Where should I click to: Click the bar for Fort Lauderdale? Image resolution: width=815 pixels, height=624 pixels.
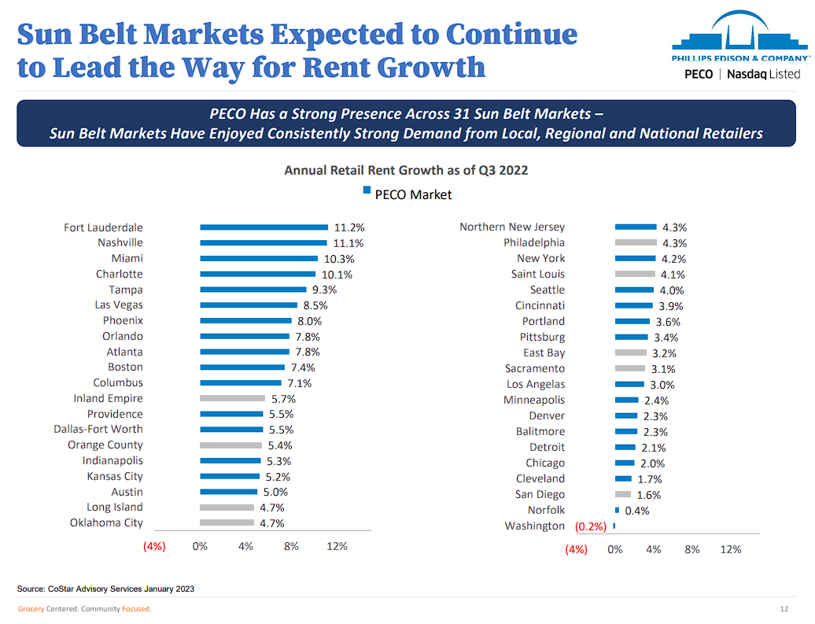(264, 227)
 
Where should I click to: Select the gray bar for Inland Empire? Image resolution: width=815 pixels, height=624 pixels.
(232, 398)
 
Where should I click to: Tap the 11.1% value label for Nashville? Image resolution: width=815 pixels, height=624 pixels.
(348, 243)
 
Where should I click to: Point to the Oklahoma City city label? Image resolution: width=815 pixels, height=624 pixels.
(106, 522)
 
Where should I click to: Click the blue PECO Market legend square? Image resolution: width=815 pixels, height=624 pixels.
(367, 190)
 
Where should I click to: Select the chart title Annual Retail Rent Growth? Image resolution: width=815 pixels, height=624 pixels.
(406, 170)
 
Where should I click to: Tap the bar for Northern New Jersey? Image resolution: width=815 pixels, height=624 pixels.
(636, 227)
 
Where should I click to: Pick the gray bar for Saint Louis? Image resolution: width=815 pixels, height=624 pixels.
(635, 274)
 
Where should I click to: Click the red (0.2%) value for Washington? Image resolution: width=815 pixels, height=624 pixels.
(591, 526)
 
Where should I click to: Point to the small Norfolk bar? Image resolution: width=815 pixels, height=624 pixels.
(618, 510)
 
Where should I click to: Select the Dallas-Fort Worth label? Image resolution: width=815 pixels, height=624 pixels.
(98, 429)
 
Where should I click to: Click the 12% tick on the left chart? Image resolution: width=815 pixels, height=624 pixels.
(337, 546)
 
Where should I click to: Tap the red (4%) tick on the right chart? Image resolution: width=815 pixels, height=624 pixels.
(576, 549)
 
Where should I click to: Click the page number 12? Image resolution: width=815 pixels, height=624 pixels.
(784, 609)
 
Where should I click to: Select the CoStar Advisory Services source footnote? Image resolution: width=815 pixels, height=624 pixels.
(106, 589)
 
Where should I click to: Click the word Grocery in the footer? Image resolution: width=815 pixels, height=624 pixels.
(31, 609)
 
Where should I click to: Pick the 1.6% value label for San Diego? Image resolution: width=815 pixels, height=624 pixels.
(648, 495)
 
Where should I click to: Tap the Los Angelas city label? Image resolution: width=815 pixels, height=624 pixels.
(535, 384)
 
